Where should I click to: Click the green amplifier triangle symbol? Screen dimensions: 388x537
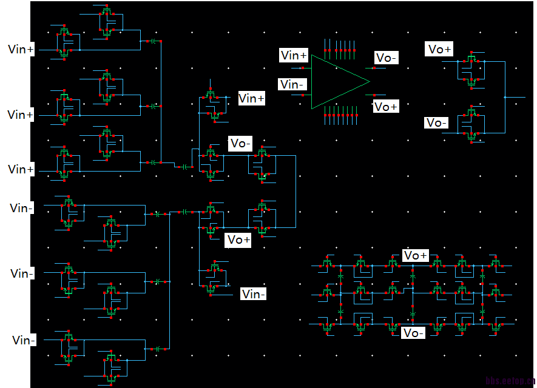337,82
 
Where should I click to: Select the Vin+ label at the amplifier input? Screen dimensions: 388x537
294,56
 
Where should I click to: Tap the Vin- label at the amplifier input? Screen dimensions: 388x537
292,84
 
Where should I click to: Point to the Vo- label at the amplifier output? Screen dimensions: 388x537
387,58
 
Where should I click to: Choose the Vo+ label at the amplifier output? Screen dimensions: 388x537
386,107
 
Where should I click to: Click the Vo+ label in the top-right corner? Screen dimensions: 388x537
439,50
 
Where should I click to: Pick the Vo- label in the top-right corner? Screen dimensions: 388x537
437,122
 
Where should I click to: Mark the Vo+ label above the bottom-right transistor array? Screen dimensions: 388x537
416,255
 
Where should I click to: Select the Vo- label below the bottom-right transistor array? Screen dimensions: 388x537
413,333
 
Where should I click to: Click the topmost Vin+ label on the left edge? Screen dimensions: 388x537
21,49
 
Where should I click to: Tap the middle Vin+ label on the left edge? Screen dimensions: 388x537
20,115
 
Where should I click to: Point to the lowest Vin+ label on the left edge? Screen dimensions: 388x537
21,169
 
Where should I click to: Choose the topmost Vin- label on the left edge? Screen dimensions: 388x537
22,208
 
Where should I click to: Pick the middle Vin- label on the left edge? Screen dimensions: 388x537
22,273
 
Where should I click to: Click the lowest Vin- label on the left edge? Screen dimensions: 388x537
24,340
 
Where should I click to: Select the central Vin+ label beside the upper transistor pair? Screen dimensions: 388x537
251,98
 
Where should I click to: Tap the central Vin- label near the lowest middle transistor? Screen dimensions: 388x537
254,294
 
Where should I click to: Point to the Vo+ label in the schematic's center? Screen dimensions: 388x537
238,239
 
